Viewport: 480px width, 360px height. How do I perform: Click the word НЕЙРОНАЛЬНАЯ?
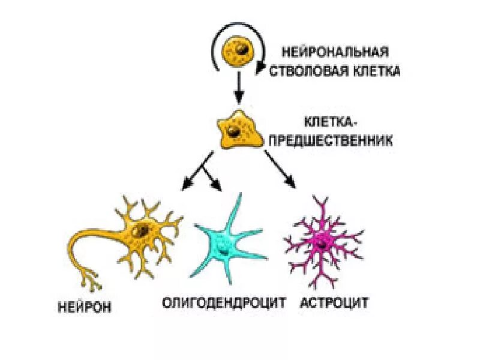point(336,53)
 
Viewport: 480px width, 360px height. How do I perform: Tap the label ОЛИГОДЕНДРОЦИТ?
point(224,302)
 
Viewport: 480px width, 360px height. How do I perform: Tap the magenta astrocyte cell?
point(324,240)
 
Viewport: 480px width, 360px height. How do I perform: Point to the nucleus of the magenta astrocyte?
point(324,241)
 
